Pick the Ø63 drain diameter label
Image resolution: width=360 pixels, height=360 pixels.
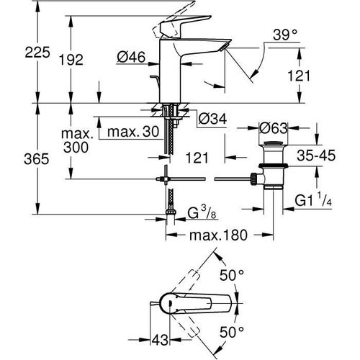(274, 127)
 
